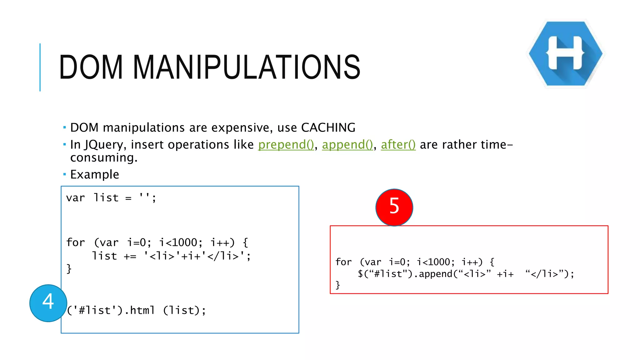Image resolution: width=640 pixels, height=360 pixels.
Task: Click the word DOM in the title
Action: click(91, 67)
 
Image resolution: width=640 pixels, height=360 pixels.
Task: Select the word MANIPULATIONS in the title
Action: click(247, 67)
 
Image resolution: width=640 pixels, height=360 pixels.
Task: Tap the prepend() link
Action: click(286, 145)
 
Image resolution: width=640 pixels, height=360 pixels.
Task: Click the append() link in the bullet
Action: click(347, 145)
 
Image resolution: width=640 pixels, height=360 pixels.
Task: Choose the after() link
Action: click(398, 145)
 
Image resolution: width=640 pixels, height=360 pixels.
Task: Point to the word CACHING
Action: click(328, 127)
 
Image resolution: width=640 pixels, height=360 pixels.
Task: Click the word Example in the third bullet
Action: click(95, 174)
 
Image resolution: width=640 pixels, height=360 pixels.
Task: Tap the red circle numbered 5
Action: click(394, 207)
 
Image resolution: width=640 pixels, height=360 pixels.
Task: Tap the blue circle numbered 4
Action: click(48, 303)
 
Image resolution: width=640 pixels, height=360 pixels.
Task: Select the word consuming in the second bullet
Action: click(103, 158)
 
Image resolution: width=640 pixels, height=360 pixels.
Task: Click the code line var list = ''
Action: click(111, 198)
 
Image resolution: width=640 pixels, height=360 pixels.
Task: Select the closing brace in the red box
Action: click(337, 285)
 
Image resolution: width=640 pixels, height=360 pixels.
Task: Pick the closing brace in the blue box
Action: click(69, 269)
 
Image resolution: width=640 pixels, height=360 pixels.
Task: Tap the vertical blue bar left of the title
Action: click(40, 67)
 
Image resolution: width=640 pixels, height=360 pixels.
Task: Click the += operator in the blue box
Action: click(130, 257)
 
